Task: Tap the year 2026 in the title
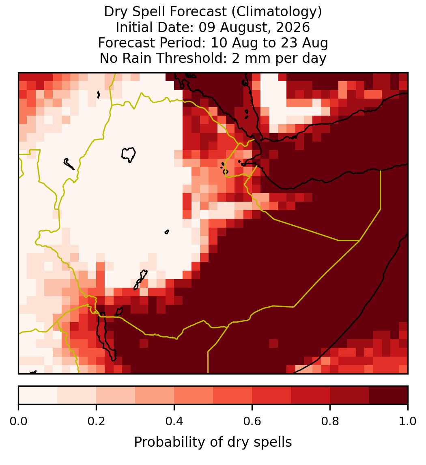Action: click(x=293, y=27)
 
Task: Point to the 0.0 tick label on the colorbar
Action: click(x=18, y=421)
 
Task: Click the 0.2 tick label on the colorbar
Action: click(x=96, y=421)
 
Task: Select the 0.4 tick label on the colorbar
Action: click(x=174, y=421)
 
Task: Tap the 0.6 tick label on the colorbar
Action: click(x=252, y=421)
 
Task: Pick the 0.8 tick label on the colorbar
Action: click(x=330, y=421)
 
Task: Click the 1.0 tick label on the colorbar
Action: click(x=408, y=421)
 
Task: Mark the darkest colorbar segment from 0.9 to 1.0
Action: click(x=388, y=395)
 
